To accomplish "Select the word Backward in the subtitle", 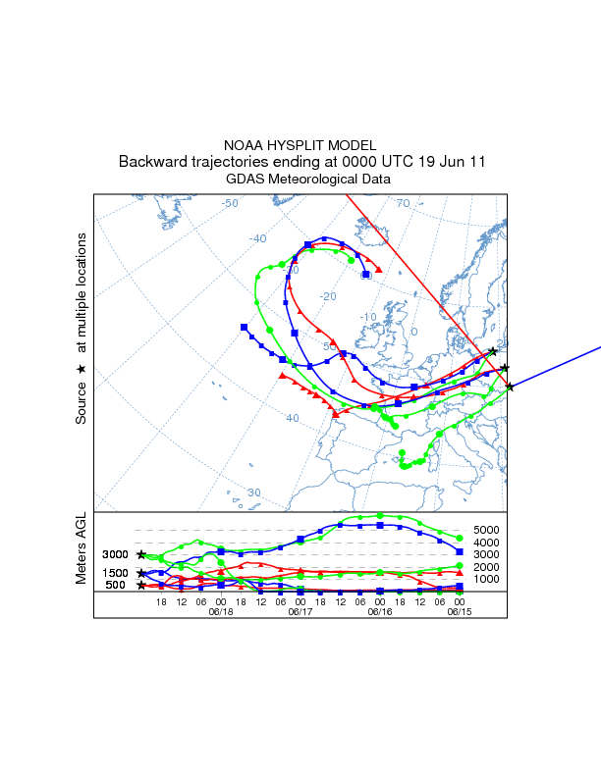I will click(x=152, y=161).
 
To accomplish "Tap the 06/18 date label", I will click(x=221, y=611).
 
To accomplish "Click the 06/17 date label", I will click(x=300, y=611).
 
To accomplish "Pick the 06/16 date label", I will click(x=380, y=611).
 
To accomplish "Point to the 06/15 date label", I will click(x=460, y=611).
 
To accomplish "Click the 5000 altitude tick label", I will click(x=487, y=531).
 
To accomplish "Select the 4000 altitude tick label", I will click(x=487, y=543).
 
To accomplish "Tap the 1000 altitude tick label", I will click(x=487, y=579).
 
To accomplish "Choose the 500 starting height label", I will click(x=116, y=586).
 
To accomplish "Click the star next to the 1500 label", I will click(x=141, y=573).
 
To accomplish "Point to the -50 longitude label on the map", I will click(x=231, y=203).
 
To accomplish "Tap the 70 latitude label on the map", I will click(x=403, y=203).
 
